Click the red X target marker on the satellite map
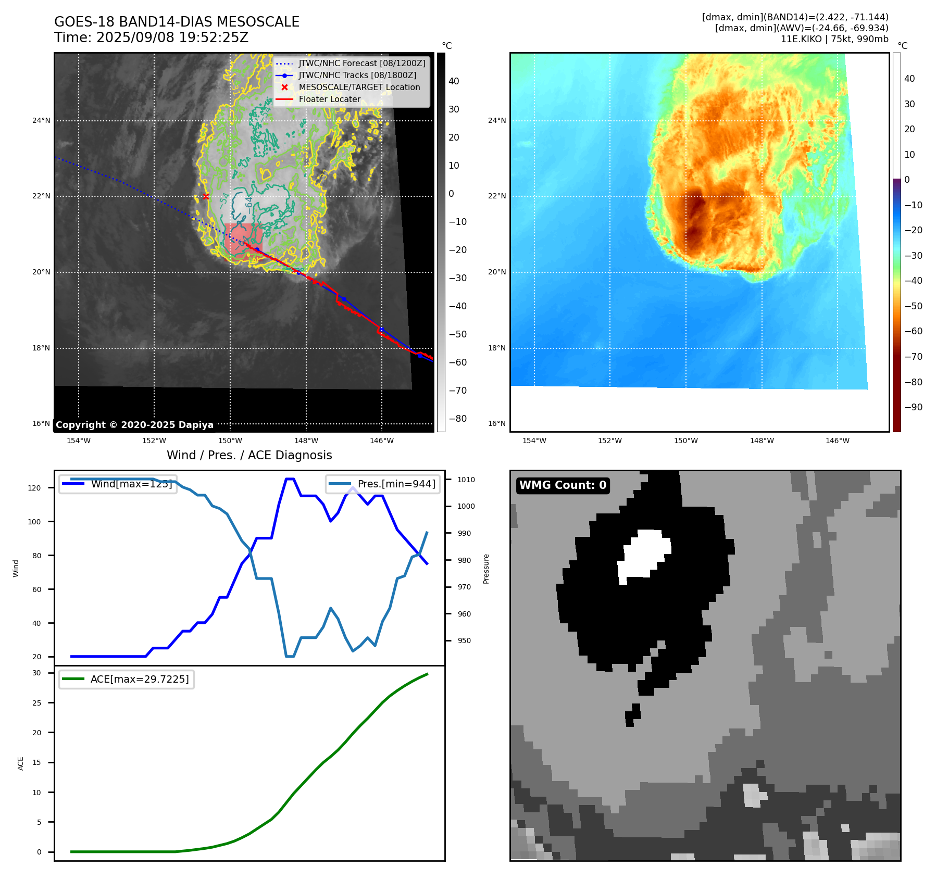point(206,196)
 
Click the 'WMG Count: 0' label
point(563,485)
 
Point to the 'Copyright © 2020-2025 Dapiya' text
point(134,425)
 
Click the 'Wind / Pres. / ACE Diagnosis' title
point(249,455)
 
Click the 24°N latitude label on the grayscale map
point(42,121)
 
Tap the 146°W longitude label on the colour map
point(838,441)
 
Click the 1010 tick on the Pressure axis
point(466,480)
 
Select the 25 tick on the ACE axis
point(36,703)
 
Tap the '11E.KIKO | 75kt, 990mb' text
point(834,39)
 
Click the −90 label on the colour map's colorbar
point(914,407)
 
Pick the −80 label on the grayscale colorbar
point(458,419)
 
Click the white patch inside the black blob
point(644,556)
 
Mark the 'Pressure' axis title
point(486,569)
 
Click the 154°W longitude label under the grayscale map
point(79,441)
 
